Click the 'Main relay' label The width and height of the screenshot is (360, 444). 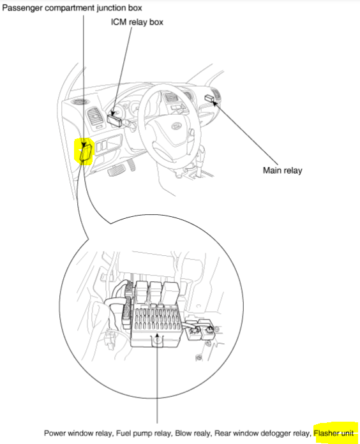(283, 170)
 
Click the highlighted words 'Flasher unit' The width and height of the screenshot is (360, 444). (333, 433)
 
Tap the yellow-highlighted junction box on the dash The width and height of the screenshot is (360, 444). (85, 152)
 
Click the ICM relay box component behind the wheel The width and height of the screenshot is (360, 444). (116, 117)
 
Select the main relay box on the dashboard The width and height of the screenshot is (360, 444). (210, 98)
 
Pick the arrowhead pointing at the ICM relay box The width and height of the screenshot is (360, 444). (116, 110)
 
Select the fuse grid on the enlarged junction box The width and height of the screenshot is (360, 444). (153, 316)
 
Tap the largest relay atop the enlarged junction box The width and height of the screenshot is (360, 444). (170, 293)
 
